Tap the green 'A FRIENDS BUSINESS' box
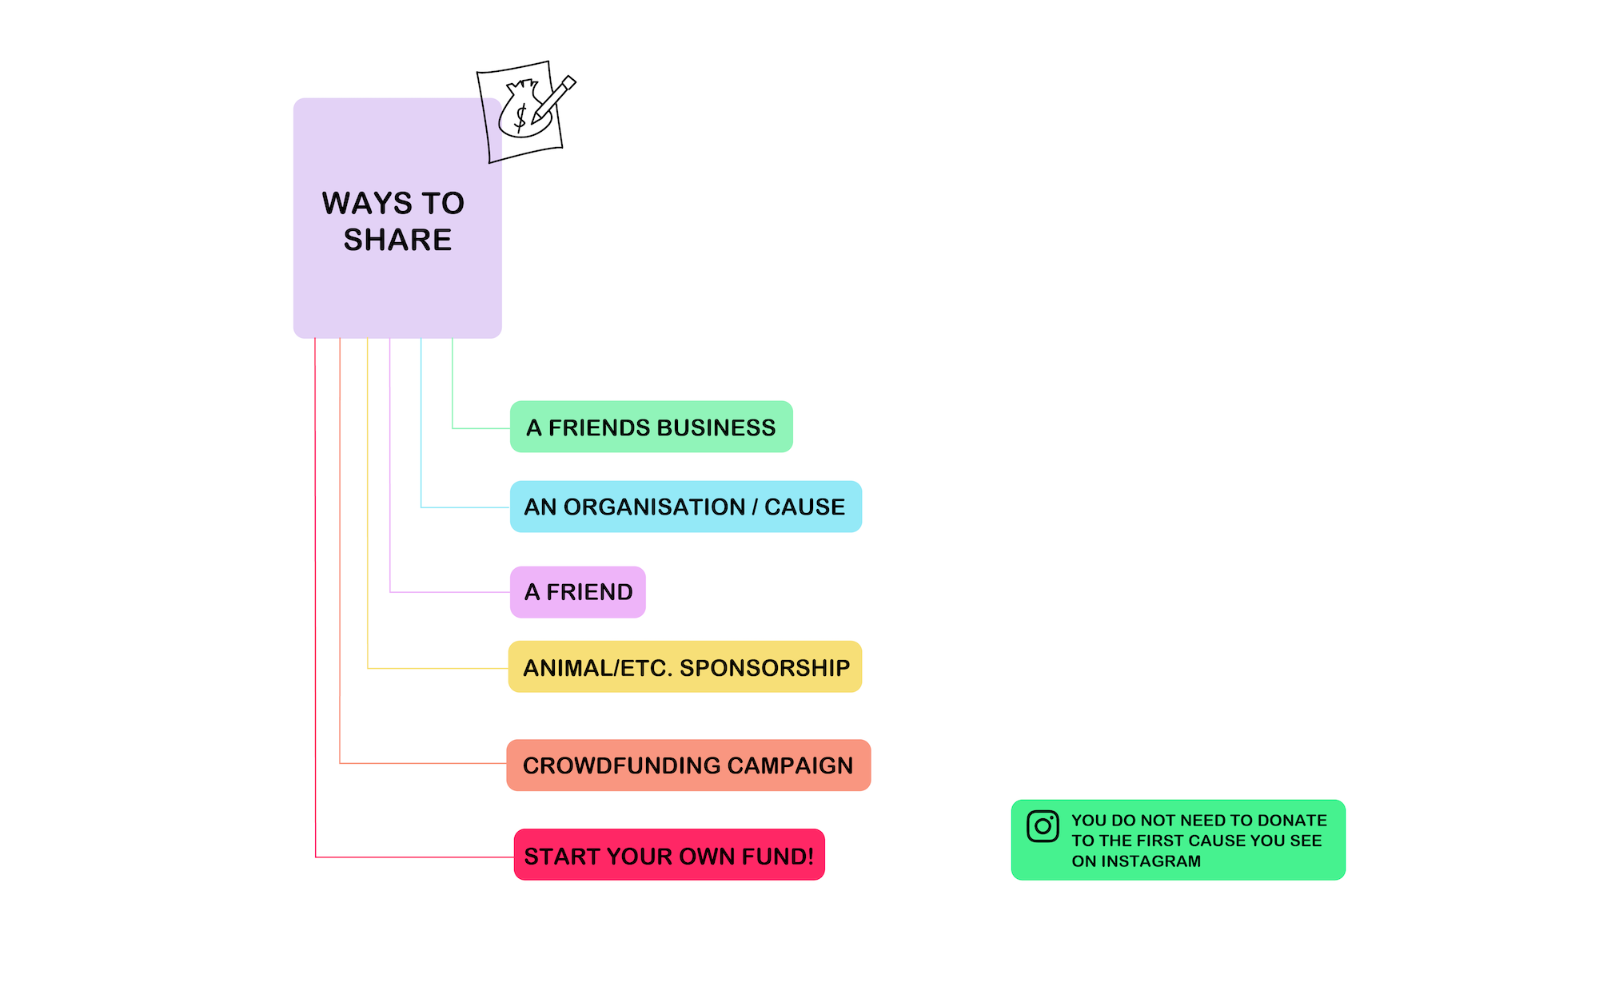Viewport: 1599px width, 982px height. point(651,427)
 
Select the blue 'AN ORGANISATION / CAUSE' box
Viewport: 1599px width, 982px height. point(685,507)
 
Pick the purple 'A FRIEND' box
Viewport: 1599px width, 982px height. point(577,592)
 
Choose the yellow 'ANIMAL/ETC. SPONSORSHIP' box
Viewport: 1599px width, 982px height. point(685,667)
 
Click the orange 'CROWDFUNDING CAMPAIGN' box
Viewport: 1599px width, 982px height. point(688,765)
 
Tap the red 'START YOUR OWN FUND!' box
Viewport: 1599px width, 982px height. point(668,855)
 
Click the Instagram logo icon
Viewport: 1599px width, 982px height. point(1043,826)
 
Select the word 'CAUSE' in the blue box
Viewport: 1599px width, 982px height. point(804,507)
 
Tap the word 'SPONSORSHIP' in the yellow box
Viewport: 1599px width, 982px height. point(764,668)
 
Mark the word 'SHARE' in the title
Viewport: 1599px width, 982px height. point(397,240)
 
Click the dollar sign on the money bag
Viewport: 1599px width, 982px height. point(520,117)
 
